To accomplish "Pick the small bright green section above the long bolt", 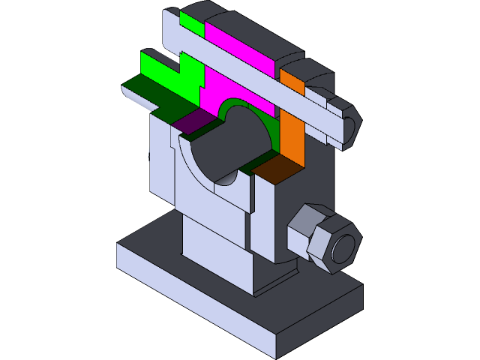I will point(192,24).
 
